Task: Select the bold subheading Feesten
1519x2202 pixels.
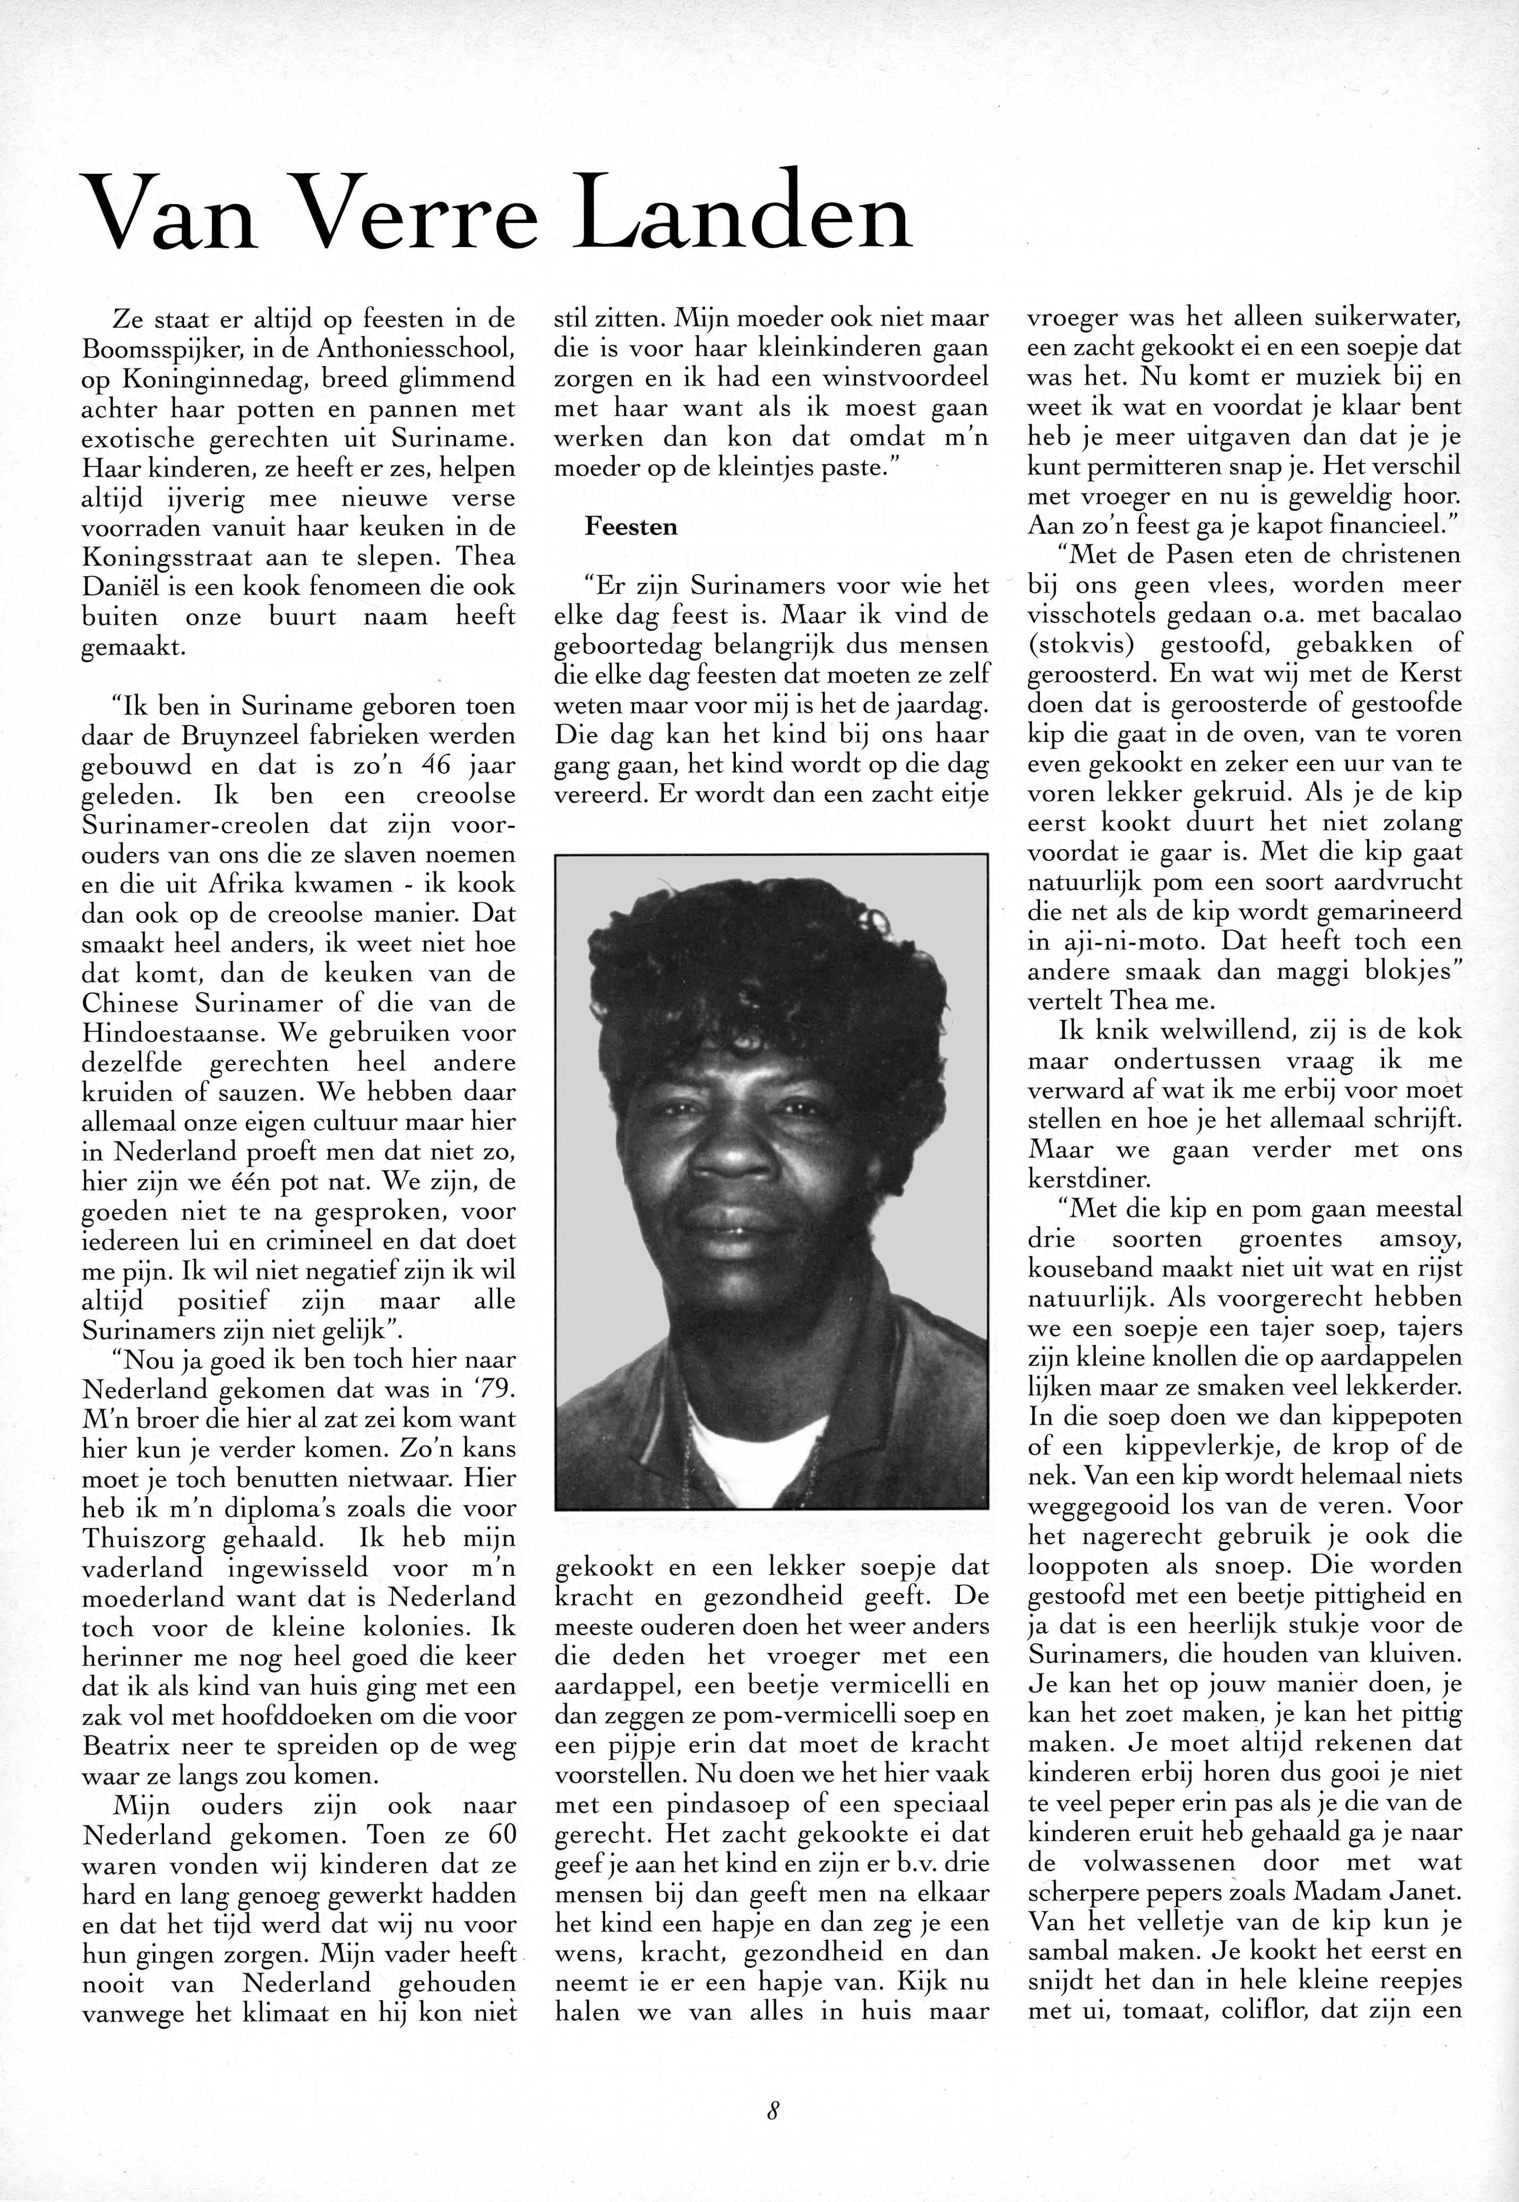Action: click(x=631, y=526)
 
